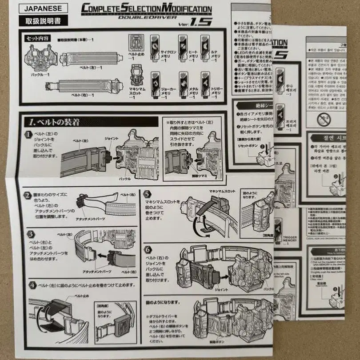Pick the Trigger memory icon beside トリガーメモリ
(x=205, y=81)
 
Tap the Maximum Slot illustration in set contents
(x=136, y=75)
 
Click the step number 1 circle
(x=28, y=134)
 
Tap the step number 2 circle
(x=28, y=195)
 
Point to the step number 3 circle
(x=30, y=233)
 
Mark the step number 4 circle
(x=32, y=285)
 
